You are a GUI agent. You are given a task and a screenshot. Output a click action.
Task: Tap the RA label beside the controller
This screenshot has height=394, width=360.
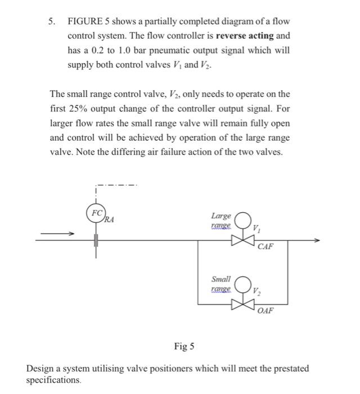coord(109,220)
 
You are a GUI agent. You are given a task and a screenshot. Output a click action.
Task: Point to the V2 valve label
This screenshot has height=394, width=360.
coord(256,291)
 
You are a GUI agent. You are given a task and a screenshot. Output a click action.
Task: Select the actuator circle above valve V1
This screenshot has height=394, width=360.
coord(243,220)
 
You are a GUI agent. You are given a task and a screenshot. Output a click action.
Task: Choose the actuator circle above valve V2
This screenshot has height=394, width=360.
coord(243,283)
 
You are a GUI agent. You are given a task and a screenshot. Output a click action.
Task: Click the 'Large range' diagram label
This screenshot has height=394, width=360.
coord(220,220)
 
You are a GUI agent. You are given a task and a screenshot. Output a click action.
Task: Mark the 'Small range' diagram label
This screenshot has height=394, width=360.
coord(220,284)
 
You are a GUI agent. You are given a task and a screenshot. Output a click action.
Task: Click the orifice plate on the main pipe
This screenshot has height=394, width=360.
coord(96,240)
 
